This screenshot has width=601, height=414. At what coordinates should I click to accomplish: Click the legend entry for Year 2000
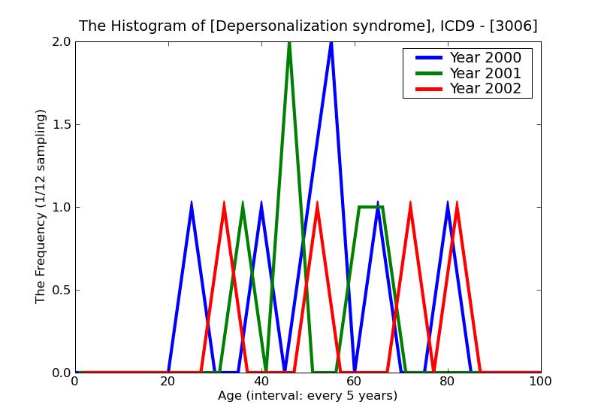tap(485, 58)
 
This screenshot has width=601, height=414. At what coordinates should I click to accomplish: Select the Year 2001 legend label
tap(485, 73)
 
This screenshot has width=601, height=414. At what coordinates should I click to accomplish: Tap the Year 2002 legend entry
tap(485, 89)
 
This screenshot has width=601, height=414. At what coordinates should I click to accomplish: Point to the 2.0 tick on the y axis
tap(62, 42)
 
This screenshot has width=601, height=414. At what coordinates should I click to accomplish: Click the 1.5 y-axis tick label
tap(62, 125)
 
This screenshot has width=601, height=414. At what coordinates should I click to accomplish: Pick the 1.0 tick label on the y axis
tap(62, 208)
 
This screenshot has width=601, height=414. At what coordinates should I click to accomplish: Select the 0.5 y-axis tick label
tap(62, 291)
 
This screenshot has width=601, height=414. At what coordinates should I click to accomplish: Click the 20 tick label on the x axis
tap(168, 382)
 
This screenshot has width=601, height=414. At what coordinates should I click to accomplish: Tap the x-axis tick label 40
tap(261, 382)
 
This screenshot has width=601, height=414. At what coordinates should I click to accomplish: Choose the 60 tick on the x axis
tap(355, 382)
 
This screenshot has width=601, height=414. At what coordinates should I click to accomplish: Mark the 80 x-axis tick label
tap(448, 382)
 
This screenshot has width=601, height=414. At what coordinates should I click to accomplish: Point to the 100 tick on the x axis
tap(541, 382)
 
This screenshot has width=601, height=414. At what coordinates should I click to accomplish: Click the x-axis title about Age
tap(307, 396)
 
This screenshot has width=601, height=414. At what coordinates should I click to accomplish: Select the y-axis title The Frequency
tap(41, 206)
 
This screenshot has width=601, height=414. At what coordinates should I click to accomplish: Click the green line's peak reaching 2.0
tap(289, 43)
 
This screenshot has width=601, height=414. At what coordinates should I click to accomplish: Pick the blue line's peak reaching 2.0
tap(331, 43)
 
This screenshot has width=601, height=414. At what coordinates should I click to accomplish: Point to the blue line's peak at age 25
tap(192, 203)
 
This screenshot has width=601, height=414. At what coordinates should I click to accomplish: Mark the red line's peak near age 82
tap(457, 203)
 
